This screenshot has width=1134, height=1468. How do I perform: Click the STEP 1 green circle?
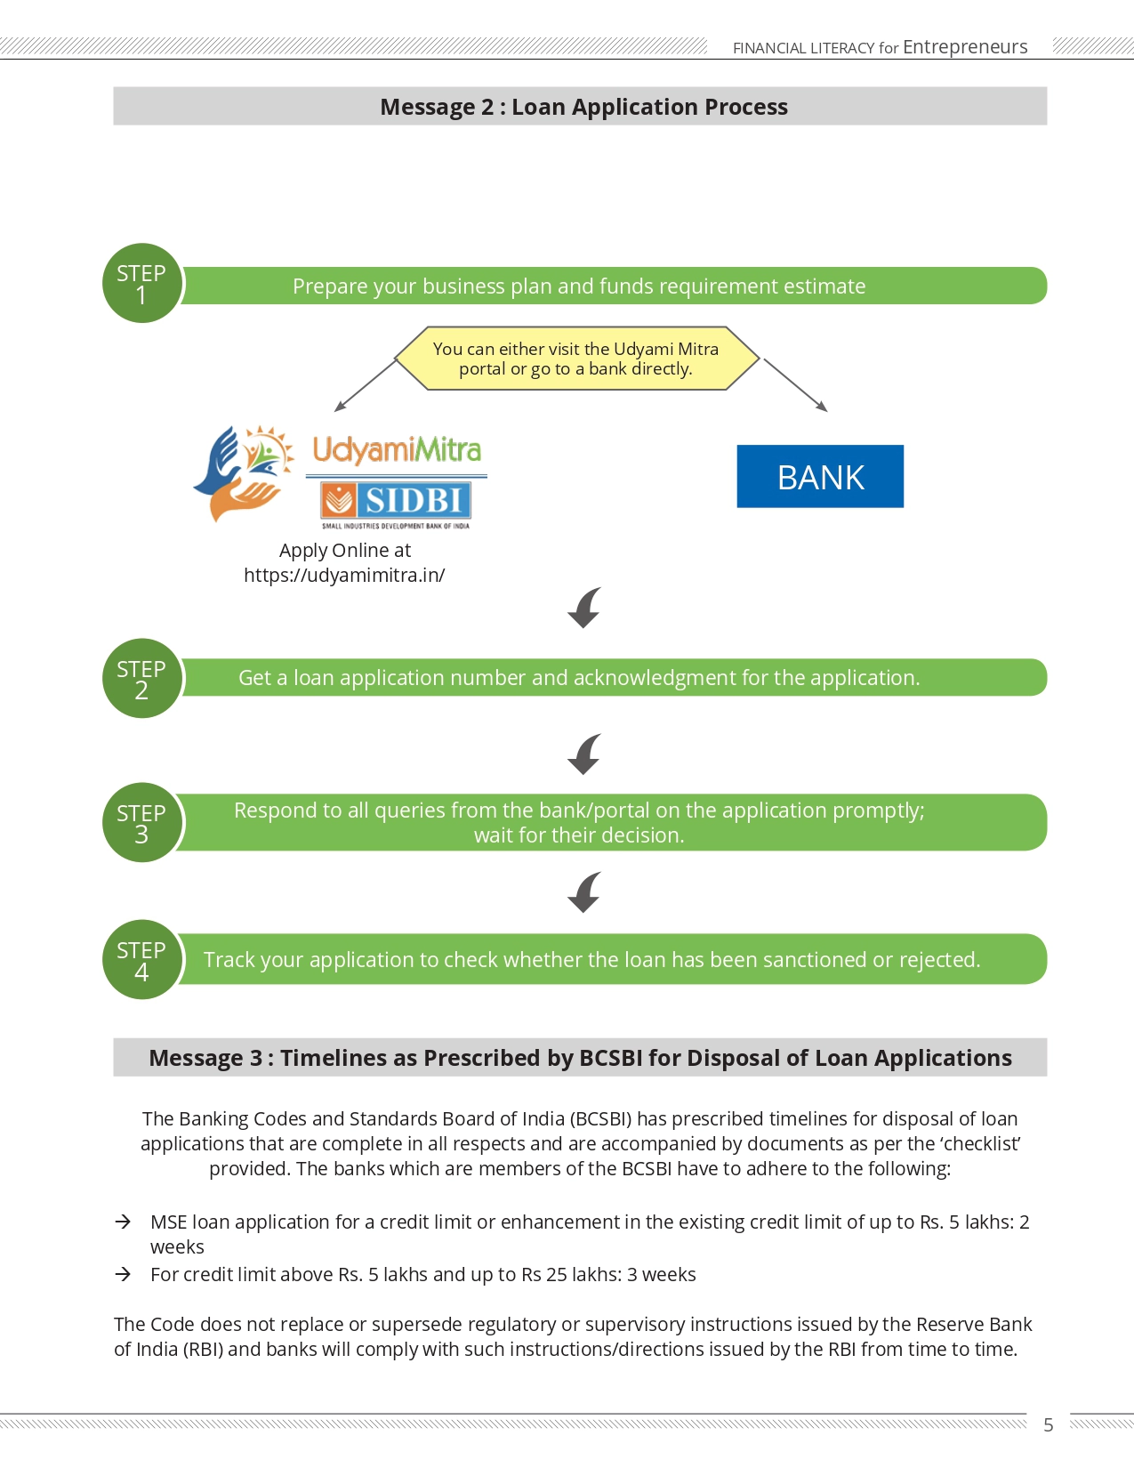(x=141, y=283)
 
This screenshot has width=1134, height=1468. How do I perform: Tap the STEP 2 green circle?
(x=141, y=678)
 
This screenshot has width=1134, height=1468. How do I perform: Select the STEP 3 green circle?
(x=141, y=822)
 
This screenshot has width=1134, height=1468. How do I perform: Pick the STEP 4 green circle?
(x=141, y=959)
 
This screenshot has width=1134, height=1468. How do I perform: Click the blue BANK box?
(x=820, y=476)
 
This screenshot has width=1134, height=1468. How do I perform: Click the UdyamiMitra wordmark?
(x=397, y=450)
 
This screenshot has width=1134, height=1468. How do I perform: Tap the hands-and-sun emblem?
(x=244, y=473)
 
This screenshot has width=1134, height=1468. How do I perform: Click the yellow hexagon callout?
(x=576, y=359)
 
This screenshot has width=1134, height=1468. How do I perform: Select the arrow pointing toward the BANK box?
(x=795, y=385)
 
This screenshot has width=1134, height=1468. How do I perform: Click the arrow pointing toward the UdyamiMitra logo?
(x=366, y=385)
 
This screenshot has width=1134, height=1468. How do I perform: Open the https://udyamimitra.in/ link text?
(x=344, y=575)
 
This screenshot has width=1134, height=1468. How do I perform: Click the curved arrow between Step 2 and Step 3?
(x=584, y=754)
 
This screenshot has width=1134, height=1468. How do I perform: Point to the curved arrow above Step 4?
(x=584, y=892)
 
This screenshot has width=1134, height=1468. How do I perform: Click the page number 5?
(x=1049, y=1424)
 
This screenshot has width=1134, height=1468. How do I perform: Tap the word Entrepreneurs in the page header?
(x=965, y=46)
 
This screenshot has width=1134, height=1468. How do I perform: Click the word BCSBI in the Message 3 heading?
(x=610, y=1058)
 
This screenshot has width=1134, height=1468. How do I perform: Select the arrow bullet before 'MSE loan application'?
(x=123, y=1222)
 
